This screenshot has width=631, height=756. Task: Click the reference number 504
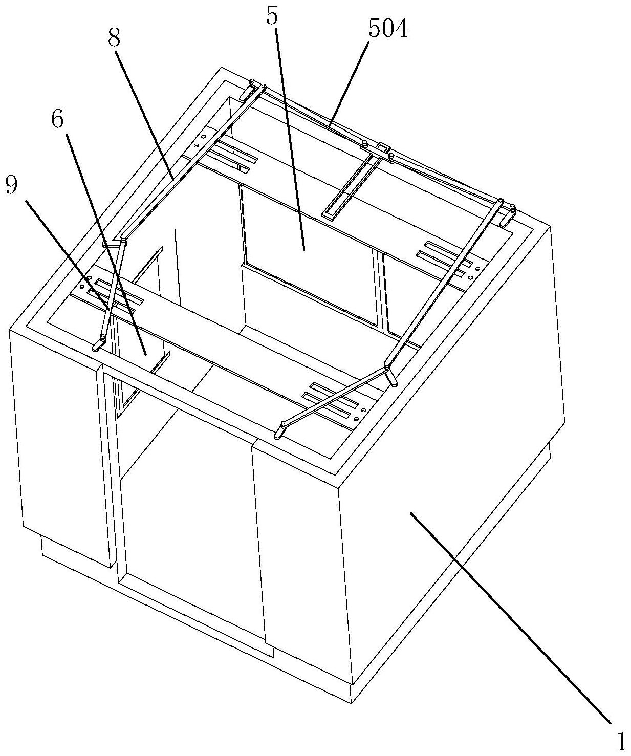point(388,30)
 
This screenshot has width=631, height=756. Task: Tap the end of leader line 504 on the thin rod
point(331,124)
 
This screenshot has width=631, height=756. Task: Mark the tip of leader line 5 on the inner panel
point(304,250)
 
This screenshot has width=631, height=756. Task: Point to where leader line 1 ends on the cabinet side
point(411,514)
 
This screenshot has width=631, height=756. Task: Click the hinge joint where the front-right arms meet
point(387,368)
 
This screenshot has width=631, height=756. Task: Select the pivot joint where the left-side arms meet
point(123,239)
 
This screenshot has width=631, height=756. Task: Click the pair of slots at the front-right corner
point(335,400)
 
